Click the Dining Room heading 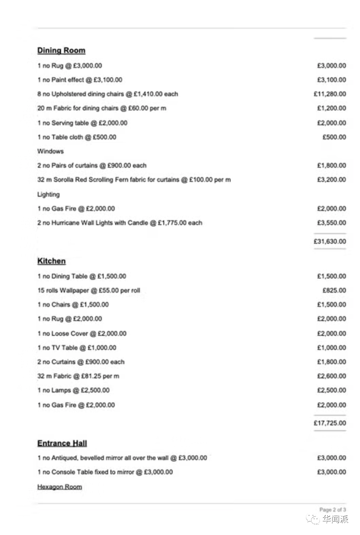pos(61,51)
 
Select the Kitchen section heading pos(51,261)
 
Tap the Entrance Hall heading pos(62,443)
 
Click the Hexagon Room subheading pos(60,487)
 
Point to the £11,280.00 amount pos(330,94)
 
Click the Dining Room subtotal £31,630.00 pos(330,241)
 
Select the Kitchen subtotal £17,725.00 pos(330,423)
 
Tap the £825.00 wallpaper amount pos(334,290)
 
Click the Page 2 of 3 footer pos(332,510)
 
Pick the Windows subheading pos(51,151)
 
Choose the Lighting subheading pos(48,194)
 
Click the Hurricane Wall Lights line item pos(120,223)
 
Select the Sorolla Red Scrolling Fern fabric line pos(134,180)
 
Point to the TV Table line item pos(77,348)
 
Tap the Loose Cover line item pos(82,333)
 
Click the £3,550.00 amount pos(331,223)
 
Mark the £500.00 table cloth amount pos(334,137)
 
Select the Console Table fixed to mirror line pos(105,472)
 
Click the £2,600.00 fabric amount pos(331,376)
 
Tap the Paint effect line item pos(80,80)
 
